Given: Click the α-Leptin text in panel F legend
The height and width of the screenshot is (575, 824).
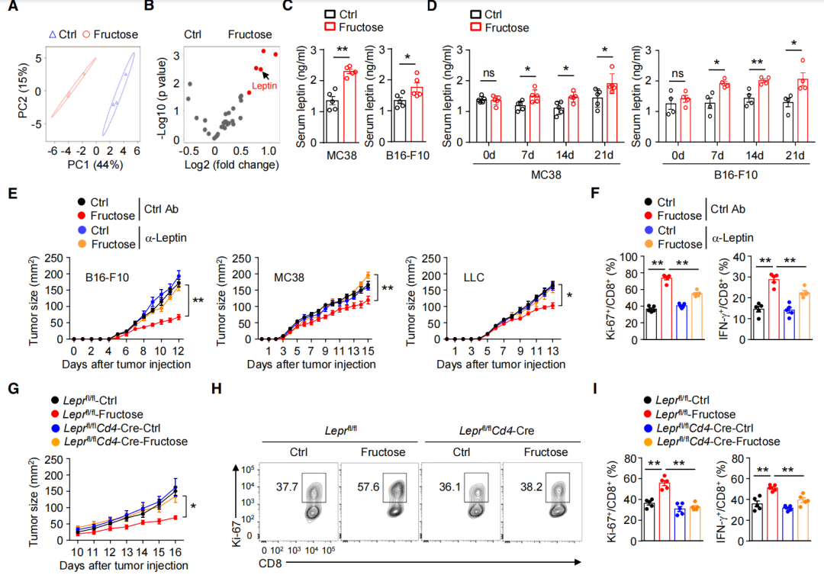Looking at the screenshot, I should click(734, 239).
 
